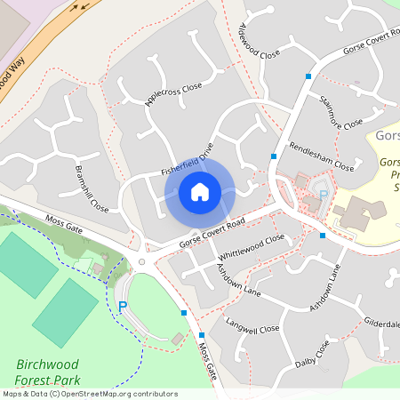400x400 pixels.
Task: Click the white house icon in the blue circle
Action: click(199, 191)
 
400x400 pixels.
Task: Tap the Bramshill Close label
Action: click(92, 188)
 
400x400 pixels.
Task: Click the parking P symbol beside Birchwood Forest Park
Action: click(123, 308)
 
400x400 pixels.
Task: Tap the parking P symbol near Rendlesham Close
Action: click(324, 195)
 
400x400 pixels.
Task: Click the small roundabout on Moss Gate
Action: click(141, 261)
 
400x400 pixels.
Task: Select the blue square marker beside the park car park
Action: click(184, 313)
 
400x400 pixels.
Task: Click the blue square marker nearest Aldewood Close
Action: click(308, 76)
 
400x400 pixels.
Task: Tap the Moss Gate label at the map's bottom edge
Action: click(208, 361)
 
